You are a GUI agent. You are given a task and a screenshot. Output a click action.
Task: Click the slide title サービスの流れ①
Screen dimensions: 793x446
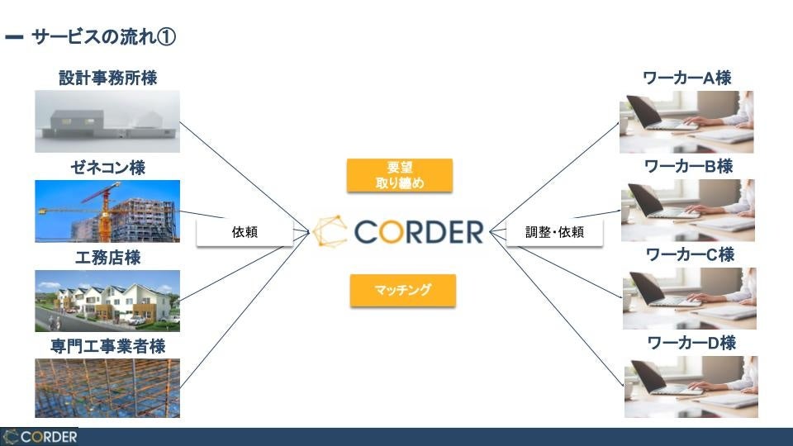[x=103, y=37]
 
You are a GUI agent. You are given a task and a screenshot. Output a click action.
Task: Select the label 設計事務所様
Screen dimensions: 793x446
[x=107, y=78]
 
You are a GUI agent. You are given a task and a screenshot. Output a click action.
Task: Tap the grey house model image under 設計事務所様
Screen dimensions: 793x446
[x=107, y=122]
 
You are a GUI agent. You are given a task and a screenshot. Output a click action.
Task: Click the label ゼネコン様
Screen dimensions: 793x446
[x=107, y=168]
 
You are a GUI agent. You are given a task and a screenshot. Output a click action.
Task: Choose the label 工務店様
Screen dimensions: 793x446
[x=107, y=258]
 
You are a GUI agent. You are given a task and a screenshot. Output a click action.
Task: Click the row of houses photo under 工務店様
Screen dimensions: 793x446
[x=107, y=301]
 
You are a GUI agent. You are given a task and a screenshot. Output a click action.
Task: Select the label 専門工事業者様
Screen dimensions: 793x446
[x=107, y=346]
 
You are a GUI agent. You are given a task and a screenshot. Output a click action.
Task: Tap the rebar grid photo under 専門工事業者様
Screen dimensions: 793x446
[x=107, y=388]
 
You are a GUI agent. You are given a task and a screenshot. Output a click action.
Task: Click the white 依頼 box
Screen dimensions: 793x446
[x=245, y=232]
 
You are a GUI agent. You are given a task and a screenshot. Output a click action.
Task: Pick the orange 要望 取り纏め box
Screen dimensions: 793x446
[x=400, y=175]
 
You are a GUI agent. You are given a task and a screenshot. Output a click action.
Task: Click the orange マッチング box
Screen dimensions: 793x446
[x=402, y=291]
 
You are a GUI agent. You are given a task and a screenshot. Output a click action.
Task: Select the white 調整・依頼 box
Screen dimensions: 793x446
[x=554, y=232]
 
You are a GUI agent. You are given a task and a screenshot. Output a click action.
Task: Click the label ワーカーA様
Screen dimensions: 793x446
[x=687, y=78]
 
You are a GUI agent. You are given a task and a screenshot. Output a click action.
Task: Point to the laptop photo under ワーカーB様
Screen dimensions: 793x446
[x=688, y=211]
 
